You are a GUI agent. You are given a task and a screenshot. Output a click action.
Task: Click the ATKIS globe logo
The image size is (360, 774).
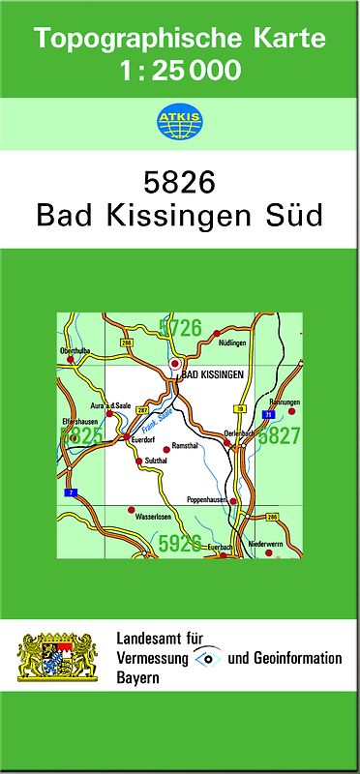[179, 122]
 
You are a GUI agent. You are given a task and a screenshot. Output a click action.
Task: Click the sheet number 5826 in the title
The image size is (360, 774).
[179, 182]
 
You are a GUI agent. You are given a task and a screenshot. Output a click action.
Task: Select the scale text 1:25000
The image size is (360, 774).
[179, 70]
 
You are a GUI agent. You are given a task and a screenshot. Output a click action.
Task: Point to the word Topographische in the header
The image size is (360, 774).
[127, 39]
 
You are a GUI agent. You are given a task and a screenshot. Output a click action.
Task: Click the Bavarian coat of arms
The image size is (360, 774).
[59, 657]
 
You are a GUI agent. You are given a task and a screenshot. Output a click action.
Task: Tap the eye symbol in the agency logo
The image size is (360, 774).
[206, 658]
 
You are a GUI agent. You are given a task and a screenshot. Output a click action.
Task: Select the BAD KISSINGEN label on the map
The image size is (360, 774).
[214, 373]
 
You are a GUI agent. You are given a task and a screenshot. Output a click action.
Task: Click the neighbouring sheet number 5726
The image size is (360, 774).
[181, 328]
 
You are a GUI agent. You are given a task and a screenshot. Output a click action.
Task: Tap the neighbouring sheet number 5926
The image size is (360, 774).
[180, 543]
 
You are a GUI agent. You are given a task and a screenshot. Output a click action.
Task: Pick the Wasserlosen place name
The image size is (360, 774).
[153, 517]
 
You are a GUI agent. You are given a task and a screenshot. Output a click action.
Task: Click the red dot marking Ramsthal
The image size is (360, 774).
[165, 446]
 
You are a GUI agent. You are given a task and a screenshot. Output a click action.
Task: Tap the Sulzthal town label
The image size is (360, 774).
[157, 461]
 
